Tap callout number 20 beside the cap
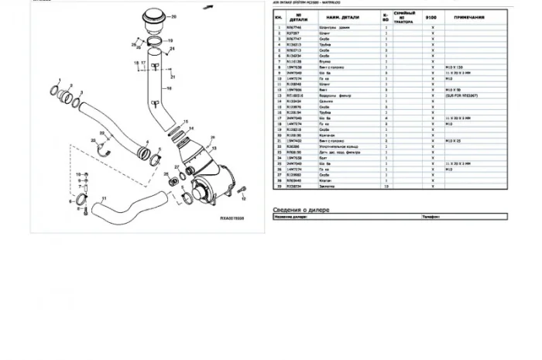click(173, 16)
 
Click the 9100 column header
click(432, 16)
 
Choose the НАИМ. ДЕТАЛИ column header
click(343, 16)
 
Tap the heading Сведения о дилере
click(307, 211)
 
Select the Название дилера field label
click(292, 218)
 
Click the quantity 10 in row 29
click(386, 187)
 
